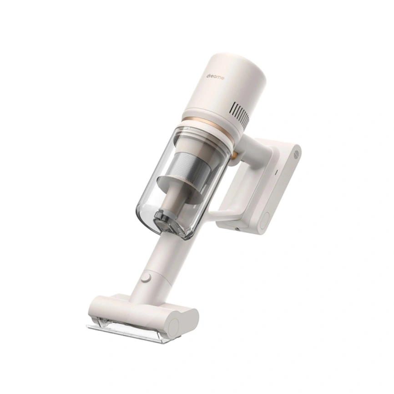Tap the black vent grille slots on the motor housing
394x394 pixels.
click(240, 112)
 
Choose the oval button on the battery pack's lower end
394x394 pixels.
click(265, 220)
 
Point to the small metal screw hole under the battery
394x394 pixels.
click(237, 229)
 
